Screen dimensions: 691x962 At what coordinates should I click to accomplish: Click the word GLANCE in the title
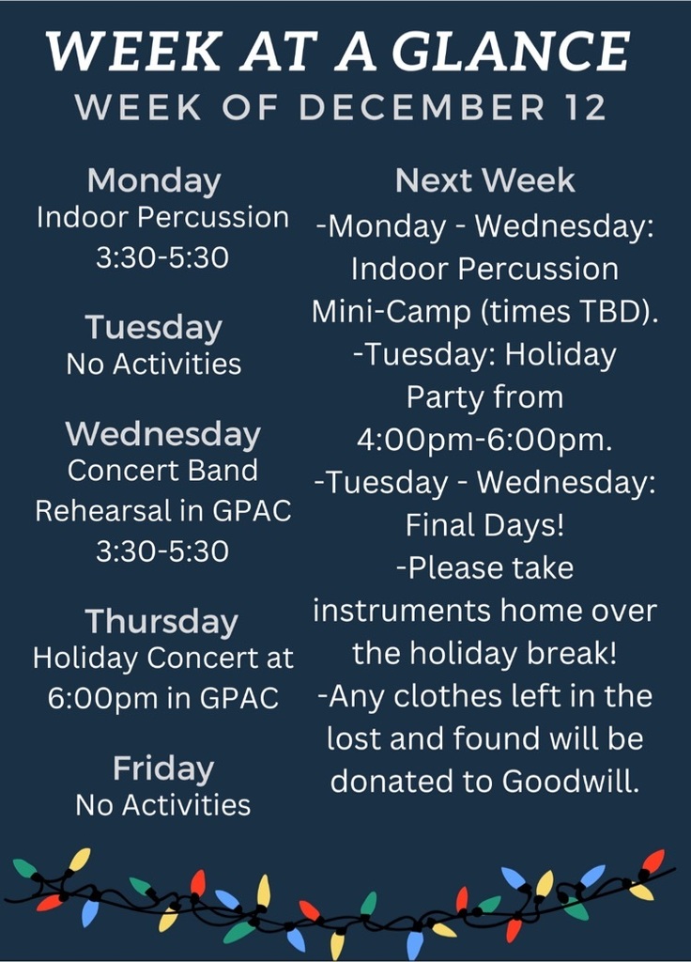pos(511,51)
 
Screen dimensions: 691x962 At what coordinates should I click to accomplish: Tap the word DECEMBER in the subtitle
pos(422,107)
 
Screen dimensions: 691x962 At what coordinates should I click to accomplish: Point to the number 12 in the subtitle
pos(584,107)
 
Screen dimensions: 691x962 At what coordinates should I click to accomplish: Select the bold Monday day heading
pos(154,181)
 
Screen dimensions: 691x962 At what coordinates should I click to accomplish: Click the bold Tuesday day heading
pos(153,327)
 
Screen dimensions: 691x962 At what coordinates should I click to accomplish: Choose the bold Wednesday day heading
pos(163,434)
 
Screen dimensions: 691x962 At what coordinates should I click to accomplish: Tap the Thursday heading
pos(161,622)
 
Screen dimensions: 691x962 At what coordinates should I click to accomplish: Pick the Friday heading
pos(163,768)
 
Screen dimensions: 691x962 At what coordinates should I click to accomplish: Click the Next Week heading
pos(485,180)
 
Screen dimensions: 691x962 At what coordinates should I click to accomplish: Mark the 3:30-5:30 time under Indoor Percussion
pos(162,257)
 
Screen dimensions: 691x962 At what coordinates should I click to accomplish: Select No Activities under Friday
pos(163,805)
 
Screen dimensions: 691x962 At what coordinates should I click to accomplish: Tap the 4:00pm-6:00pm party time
pos(484,440)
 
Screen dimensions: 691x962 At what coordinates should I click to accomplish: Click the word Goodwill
pos(571,781)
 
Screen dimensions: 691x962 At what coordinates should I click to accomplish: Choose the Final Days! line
pos(484,525)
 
